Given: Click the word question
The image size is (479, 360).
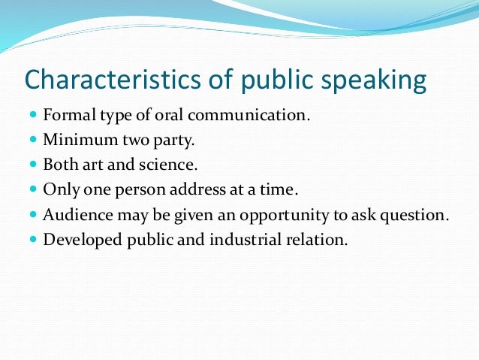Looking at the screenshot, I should pyautogui.click(x=417, y=215).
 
